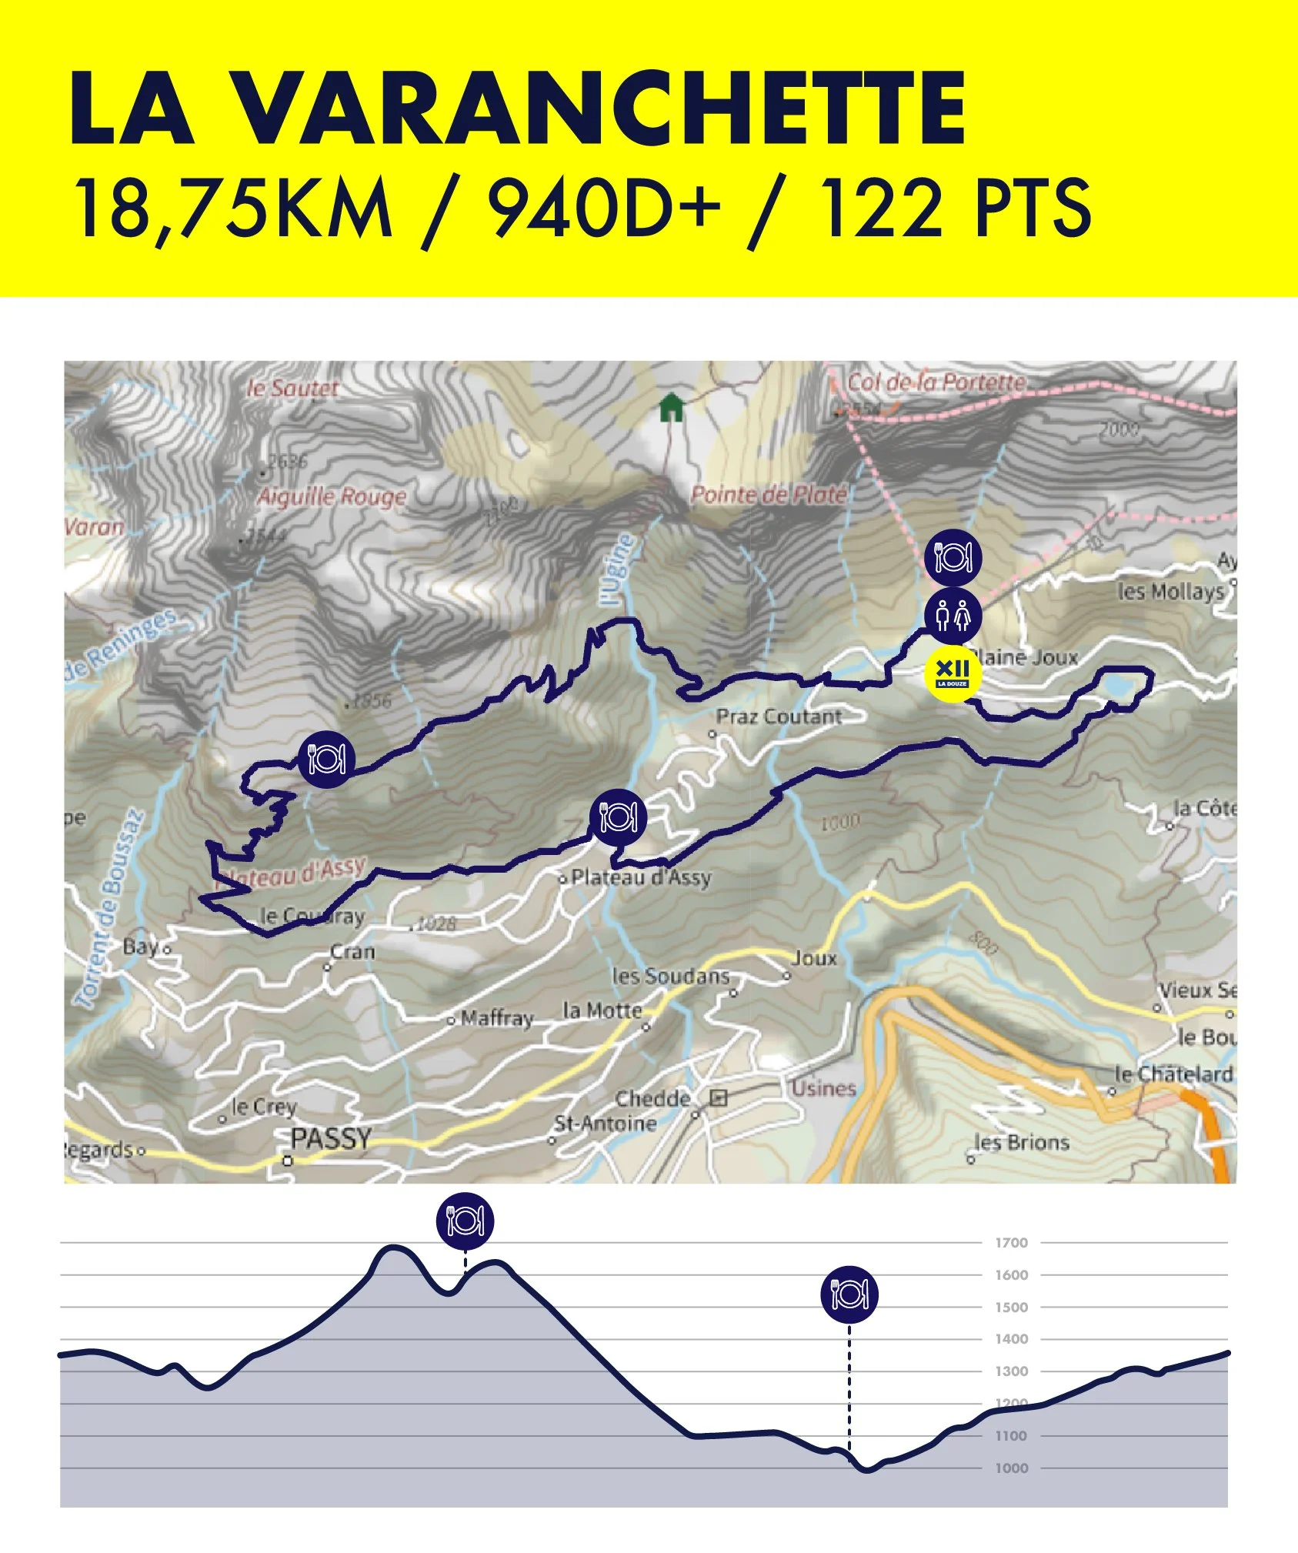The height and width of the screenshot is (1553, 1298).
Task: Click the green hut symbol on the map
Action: point(671,408)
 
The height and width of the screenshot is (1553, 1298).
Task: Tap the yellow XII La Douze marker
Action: point(952,674)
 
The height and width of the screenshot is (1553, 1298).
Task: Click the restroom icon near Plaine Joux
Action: point(953,615)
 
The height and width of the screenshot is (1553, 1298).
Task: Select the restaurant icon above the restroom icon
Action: point(953,556)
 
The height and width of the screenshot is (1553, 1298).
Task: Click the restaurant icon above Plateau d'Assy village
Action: point(618,817)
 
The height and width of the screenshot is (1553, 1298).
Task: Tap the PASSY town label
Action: point(331,1138)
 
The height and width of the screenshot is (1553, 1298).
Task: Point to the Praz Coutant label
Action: point(779,716)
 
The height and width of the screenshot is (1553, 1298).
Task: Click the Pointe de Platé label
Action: point(768,495)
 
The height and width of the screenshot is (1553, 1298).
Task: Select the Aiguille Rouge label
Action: point(332,496)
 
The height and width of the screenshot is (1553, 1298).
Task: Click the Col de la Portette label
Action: point(936,382)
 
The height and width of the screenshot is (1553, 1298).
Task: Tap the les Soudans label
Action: point(670,976)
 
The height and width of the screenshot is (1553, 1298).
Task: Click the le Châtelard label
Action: point(1173,1074)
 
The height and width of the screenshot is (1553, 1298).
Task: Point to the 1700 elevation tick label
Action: point(1011,1243)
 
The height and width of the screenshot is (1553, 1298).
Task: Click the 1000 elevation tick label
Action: point(1011,1468)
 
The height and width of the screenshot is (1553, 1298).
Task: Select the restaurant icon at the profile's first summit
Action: point(465,1221)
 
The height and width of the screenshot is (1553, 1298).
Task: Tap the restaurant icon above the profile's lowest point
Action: point(849,1294)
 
